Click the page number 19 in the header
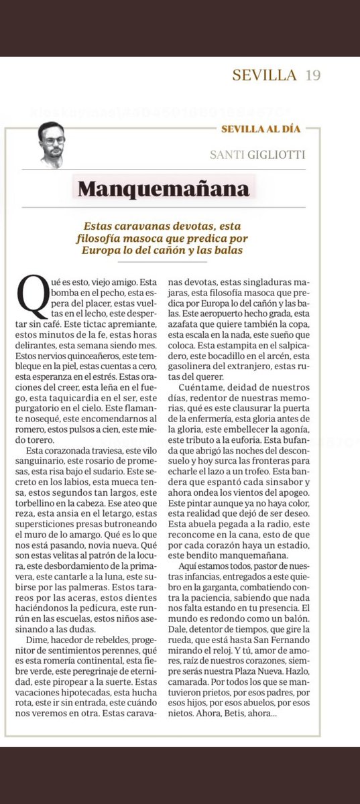(x=312, y=76)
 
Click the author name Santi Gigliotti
(x=266, y=155)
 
